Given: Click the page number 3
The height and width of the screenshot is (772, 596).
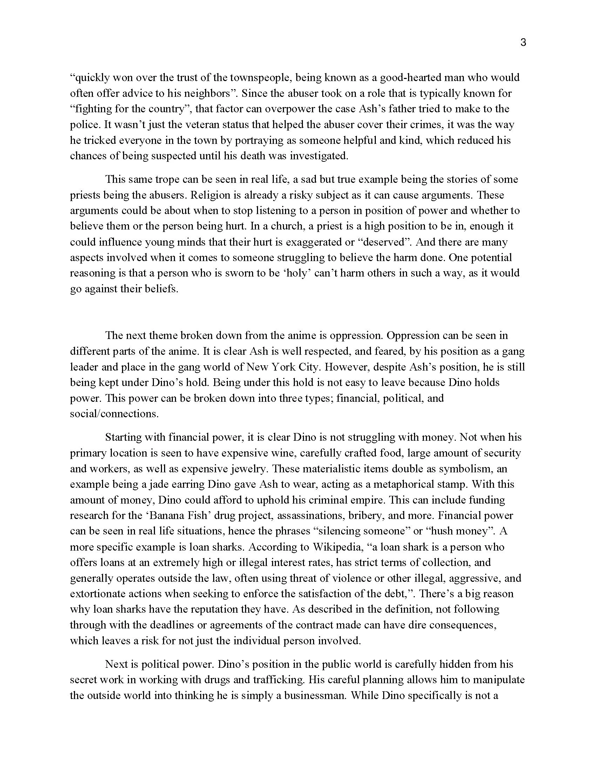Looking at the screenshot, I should click(x=523, y=43).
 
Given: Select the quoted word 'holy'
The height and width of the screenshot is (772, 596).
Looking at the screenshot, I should click(x=297, y=273).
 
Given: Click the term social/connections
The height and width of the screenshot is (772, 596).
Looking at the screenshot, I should click(x=114, y=414).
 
